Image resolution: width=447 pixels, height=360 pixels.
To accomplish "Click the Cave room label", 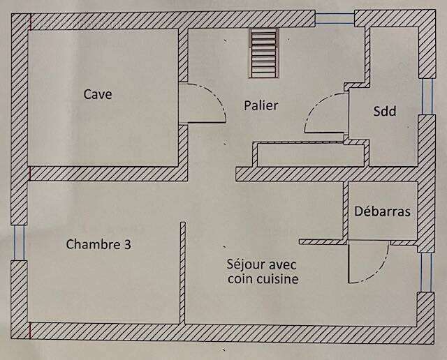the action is (x=98, y=94).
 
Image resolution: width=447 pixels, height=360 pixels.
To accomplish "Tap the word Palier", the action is (x=261, y=105).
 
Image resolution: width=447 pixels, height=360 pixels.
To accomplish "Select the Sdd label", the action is (x=385, y=111).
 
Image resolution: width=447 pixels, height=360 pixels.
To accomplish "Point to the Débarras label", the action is (x=382, y=211).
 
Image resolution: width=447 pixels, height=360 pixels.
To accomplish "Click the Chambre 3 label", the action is (x=98, y=244).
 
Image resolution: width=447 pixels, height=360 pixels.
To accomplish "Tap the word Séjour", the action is (x=246, y=264).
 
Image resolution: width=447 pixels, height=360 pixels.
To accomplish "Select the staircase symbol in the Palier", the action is (x=263, y=53).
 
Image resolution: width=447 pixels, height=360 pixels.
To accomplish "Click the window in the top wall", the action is (x=335, y=19).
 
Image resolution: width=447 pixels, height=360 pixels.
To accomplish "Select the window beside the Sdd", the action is (x=427, y=96).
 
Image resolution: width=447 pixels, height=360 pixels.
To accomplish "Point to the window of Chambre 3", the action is (x=20, y=242).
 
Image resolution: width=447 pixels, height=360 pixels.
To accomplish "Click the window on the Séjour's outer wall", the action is (x=426, y=272).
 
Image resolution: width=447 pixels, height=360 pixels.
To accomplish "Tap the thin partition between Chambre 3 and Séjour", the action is (x=183, y=273).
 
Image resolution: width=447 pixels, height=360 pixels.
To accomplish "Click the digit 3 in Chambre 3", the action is (x=128, y=244).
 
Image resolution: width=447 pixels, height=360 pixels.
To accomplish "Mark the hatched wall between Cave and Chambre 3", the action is (x=108, y=174).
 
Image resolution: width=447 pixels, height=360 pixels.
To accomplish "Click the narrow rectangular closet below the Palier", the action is (x=311, y=155).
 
